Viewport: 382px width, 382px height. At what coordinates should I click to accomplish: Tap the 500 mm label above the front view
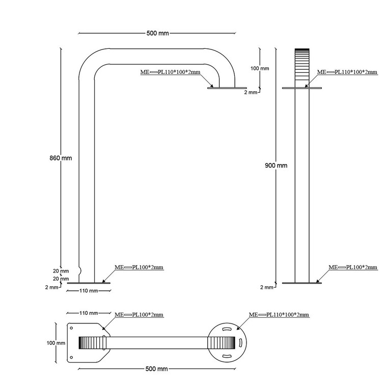157,34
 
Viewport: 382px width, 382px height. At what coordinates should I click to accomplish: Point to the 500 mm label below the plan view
157,368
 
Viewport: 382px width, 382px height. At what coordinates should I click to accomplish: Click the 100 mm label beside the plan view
57,343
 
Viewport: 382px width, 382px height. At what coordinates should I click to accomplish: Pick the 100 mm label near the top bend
260,68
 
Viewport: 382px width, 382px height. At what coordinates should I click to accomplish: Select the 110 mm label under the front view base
89,291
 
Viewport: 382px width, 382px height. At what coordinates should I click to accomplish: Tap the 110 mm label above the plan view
89,313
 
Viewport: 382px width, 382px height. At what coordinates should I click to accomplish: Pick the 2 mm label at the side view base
267,287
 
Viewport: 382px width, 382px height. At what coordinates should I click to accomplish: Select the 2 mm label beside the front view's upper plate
250,92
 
